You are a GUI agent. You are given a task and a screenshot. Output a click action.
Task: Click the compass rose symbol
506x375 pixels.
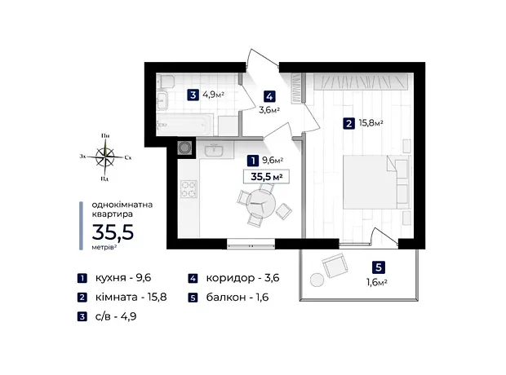click(105, 157)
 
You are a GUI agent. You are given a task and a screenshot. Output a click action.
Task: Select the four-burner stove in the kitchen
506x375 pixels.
click(189, 189)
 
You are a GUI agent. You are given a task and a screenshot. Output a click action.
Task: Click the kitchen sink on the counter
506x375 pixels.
click(214, 150)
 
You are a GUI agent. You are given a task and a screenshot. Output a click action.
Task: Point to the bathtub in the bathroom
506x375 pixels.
click(184, 125)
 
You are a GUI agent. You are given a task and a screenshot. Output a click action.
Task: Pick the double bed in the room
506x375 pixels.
click(376, 182)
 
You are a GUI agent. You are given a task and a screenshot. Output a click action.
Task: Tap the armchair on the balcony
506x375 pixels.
click(335, 266)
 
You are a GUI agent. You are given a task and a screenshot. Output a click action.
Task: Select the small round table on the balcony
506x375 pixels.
click(317, 280)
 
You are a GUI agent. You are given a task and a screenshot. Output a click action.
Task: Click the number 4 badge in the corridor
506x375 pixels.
click(269, 96)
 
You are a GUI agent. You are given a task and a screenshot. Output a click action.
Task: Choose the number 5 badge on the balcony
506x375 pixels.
click(379, 267)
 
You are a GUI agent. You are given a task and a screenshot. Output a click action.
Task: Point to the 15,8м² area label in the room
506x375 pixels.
click(371, 123)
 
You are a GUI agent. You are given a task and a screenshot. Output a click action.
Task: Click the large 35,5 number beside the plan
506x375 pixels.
click(113, 232)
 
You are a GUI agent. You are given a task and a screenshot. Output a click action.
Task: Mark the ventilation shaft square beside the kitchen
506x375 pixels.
click(184, 148)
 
